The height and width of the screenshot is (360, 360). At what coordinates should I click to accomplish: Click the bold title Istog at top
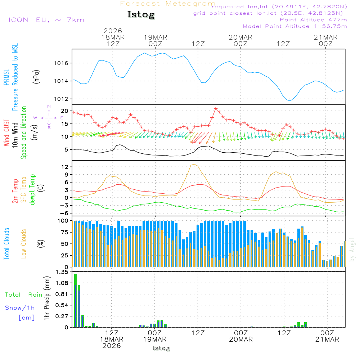coord(141,15)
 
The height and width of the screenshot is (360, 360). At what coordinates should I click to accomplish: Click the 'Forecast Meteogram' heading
coord(168,4)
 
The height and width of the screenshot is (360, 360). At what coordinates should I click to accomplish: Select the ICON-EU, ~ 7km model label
coord(46,20)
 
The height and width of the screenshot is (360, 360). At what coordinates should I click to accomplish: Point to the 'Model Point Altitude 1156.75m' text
coord(294,26)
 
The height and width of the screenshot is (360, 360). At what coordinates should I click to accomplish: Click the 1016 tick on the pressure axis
coord(60,63)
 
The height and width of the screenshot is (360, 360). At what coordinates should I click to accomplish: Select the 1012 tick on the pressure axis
coord(60,99)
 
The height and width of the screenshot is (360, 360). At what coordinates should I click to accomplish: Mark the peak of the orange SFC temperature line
coord(194,164)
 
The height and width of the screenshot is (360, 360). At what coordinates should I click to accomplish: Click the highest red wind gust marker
coord(216,108)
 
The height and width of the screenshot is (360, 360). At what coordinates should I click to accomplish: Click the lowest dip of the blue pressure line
coord(291,101)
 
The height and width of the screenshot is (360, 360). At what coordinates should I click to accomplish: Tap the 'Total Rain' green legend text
coord(23,295)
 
